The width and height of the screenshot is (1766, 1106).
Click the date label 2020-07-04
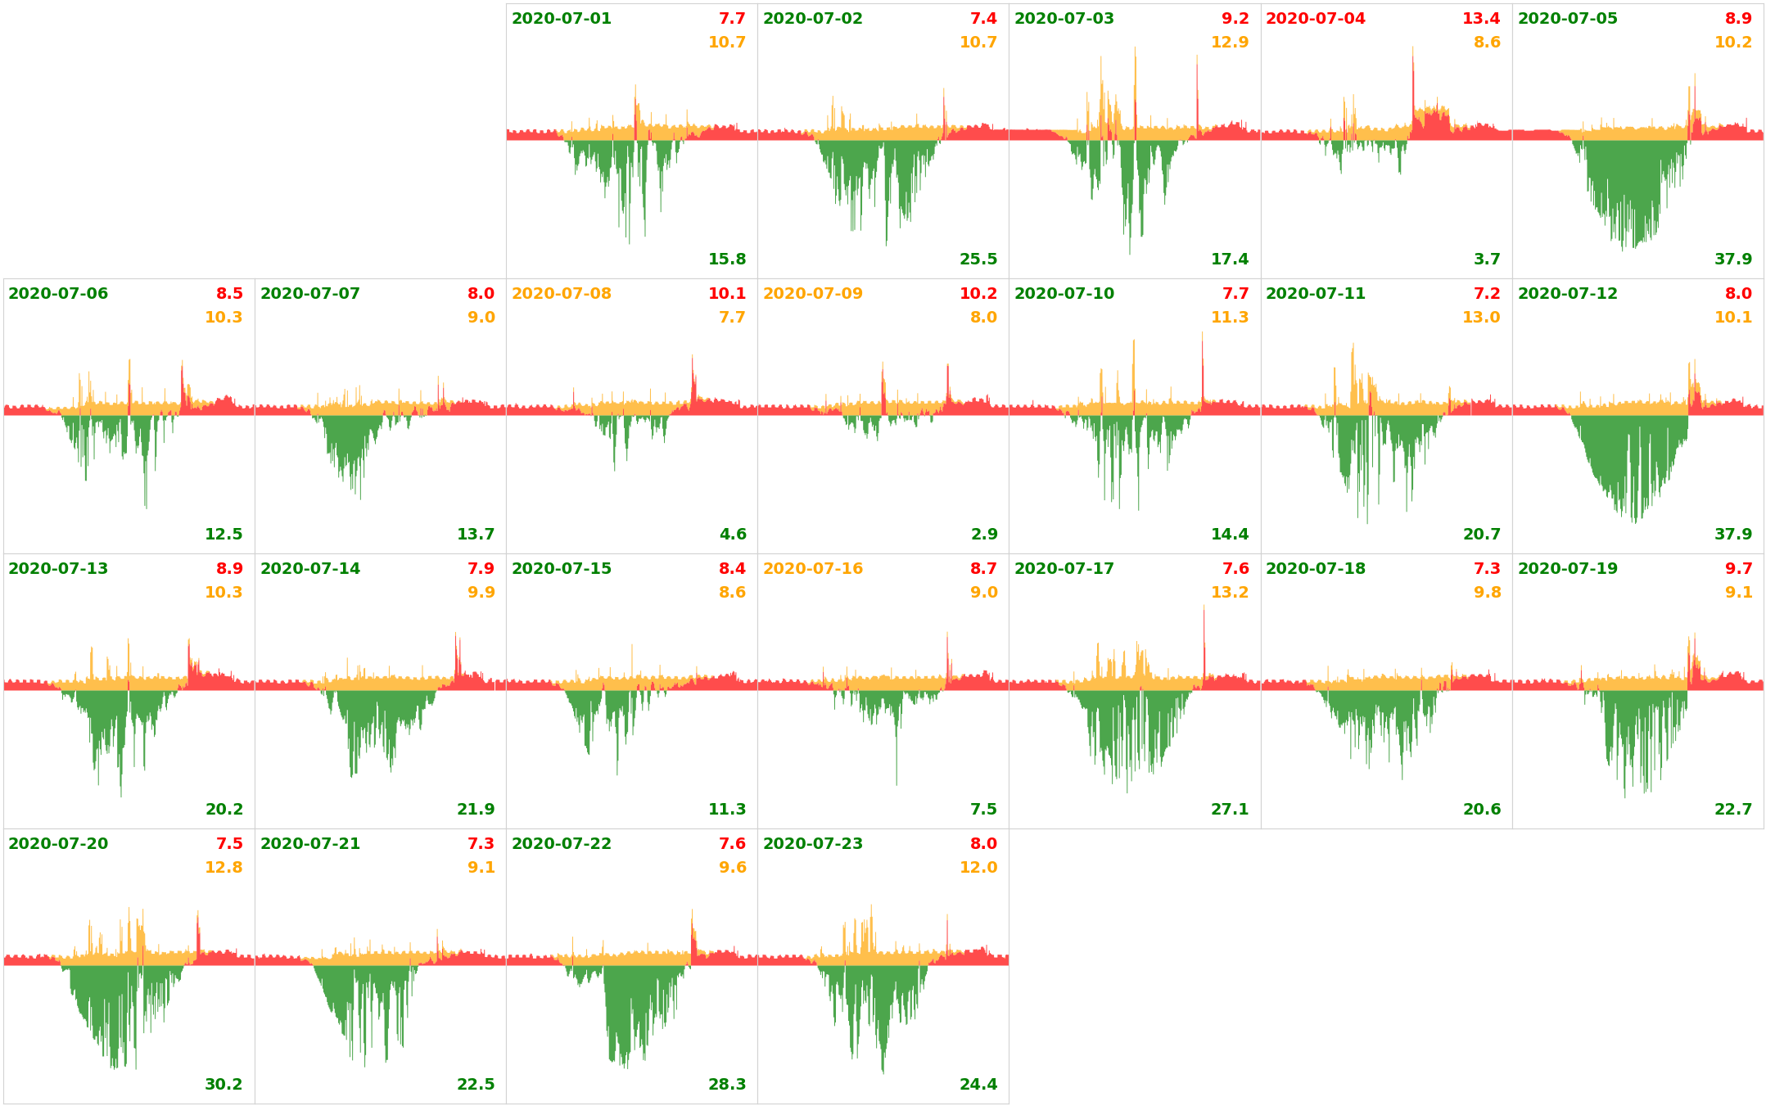point(1315,19)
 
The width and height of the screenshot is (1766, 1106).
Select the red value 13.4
point(1481,19)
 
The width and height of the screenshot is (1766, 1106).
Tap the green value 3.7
point(1487,260)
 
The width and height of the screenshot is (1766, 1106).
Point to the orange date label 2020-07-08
point(561,294)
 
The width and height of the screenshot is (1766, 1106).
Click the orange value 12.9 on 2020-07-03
point(1230,43)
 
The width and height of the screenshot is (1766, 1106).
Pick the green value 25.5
point(978,260)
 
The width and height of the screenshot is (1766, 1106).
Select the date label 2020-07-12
point(1567,294)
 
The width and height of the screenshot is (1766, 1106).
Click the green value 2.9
point(984,535)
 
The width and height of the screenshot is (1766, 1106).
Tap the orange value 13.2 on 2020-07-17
point(1230,593)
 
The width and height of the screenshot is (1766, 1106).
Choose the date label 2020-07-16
point(812,569)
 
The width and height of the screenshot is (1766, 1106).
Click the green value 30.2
point(224,1085)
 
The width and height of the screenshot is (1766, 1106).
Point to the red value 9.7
point(1738,569)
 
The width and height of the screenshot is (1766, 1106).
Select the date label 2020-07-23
point(812,844)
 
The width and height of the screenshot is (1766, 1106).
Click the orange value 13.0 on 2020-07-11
point(1481,318)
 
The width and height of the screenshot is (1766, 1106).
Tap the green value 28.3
point(727,1085)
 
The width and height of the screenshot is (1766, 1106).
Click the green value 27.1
point(1230,810)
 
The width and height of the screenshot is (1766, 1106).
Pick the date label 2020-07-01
point(561,19)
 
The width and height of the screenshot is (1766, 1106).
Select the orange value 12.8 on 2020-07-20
point(224,868)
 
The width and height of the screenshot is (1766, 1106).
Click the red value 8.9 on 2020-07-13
point(229,569)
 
